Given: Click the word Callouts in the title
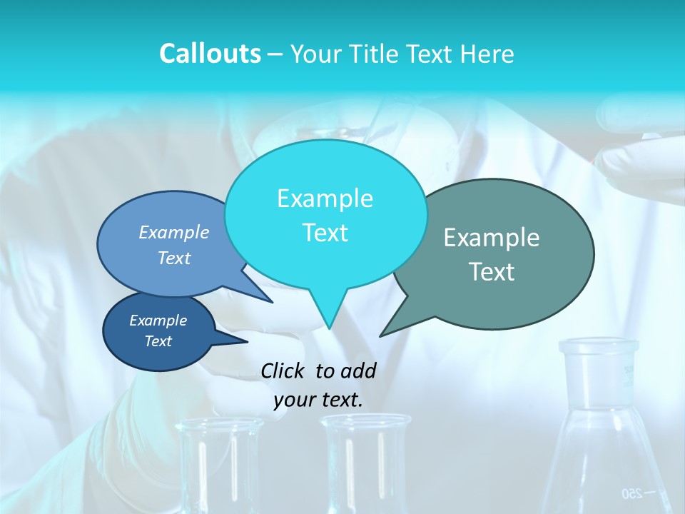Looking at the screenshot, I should [x=210, y=54].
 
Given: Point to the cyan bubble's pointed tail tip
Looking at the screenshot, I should [x=329, y=328].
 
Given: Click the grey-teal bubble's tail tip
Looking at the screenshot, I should [x=381, y=336].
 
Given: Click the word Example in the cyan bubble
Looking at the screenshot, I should [x=325, y=198].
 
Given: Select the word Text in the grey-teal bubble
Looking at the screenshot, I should [x=492, y=272].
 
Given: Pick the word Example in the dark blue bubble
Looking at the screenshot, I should [x=158, y=321].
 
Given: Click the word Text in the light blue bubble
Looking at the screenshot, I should [x=174, y=258].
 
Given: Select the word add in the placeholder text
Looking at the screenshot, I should [x=358, y=371].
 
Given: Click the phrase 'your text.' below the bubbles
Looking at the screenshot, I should [x=318, y=400].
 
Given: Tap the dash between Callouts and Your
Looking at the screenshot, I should [x=275, y=54].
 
